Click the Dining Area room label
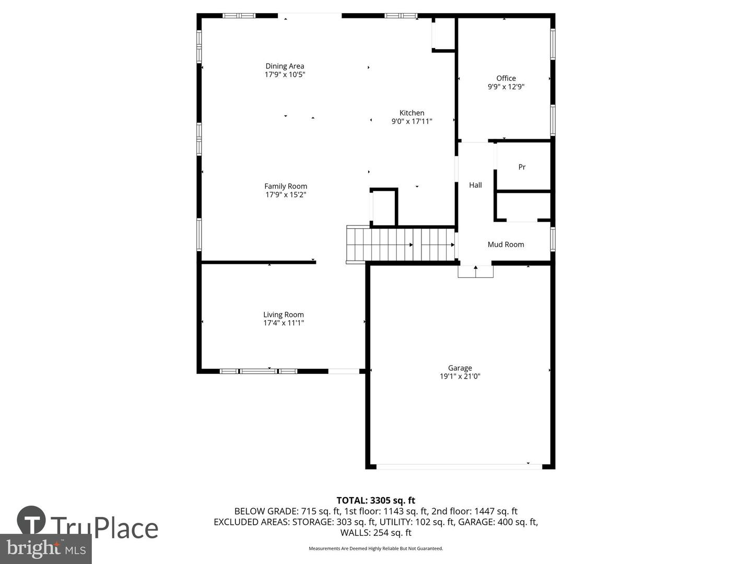(285, 66)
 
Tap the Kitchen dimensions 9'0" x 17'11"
(412, 121)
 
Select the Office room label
(506, 78)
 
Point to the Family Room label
(286, 186)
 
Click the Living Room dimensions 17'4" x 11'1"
(284, 323)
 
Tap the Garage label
(460, 368)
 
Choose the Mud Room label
(506, 244)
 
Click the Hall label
(475, 185)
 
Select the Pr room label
(522, 167)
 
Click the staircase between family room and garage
(400, 244)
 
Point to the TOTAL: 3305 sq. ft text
(375, 500)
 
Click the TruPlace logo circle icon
(31, 520)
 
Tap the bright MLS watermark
(46, 548)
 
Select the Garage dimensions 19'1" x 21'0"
(460, 376)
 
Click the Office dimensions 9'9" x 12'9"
(506, 87)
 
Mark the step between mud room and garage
(475, 272)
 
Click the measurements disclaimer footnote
(375, 548)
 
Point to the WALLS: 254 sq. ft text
(375, 533)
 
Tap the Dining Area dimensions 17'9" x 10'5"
(285, 75)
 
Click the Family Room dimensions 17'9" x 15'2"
(286, 195)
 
